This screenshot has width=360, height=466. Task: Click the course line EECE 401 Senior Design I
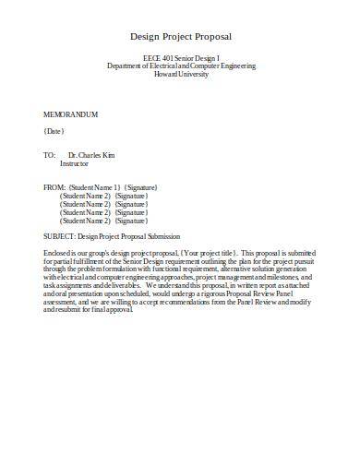pyautogui.click(x=180, y=58)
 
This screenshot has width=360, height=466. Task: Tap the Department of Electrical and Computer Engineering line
pyautogui.click(x=180, y=66)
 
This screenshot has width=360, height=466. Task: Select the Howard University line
pyautogui.click(x=180, y=75)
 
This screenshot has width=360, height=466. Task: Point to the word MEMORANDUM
pyautogui.click(x=71, y=114)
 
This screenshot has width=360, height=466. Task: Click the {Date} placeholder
pyautogui.click(x=54, y=131)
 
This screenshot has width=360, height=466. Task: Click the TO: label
pyautogui.click(x=50, y=155)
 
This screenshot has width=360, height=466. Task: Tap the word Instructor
pyautogui.click(x=78, y=163)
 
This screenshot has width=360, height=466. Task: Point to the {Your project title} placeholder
pyautogui.click(x=210, y=252)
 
